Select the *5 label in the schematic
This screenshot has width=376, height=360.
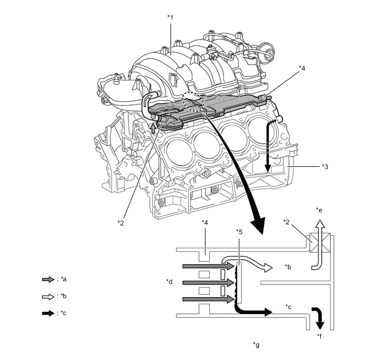[238, 231]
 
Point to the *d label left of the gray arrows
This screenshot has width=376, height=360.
[169, 282]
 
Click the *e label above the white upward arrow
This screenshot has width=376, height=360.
[319, 210]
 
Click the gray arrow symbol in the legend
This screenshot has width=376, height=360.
[48, 279]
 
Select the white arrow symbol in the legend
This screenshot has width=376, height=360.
[48, 296]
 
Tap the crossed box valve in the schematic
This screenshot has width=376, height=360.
[318, 241]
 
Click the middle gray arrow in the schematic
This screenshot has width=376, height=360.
[208, 282]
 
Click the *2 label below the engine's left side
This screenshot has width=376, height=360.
[121, 222]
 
